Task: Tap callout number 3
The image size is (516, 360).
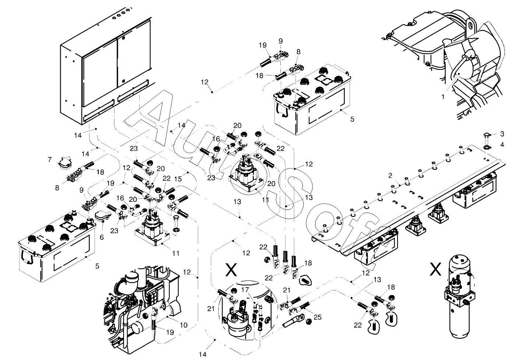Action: click(502, 134)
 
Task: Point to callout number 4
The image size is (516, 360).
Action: click(502, 145)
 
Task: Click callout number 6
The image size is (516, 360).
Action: click(102, 238)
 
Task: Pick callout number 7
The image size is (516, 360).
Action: click(50, 159)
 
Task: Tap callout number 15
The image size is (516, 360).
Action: click(179, 179)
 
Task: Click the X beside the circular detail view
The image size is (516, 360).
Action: click(231, 270)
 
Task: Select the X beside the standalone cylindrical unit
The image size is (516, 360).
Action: click(436, 270)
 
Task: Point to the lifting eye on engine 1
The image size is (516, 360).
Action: click(470, 26)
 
